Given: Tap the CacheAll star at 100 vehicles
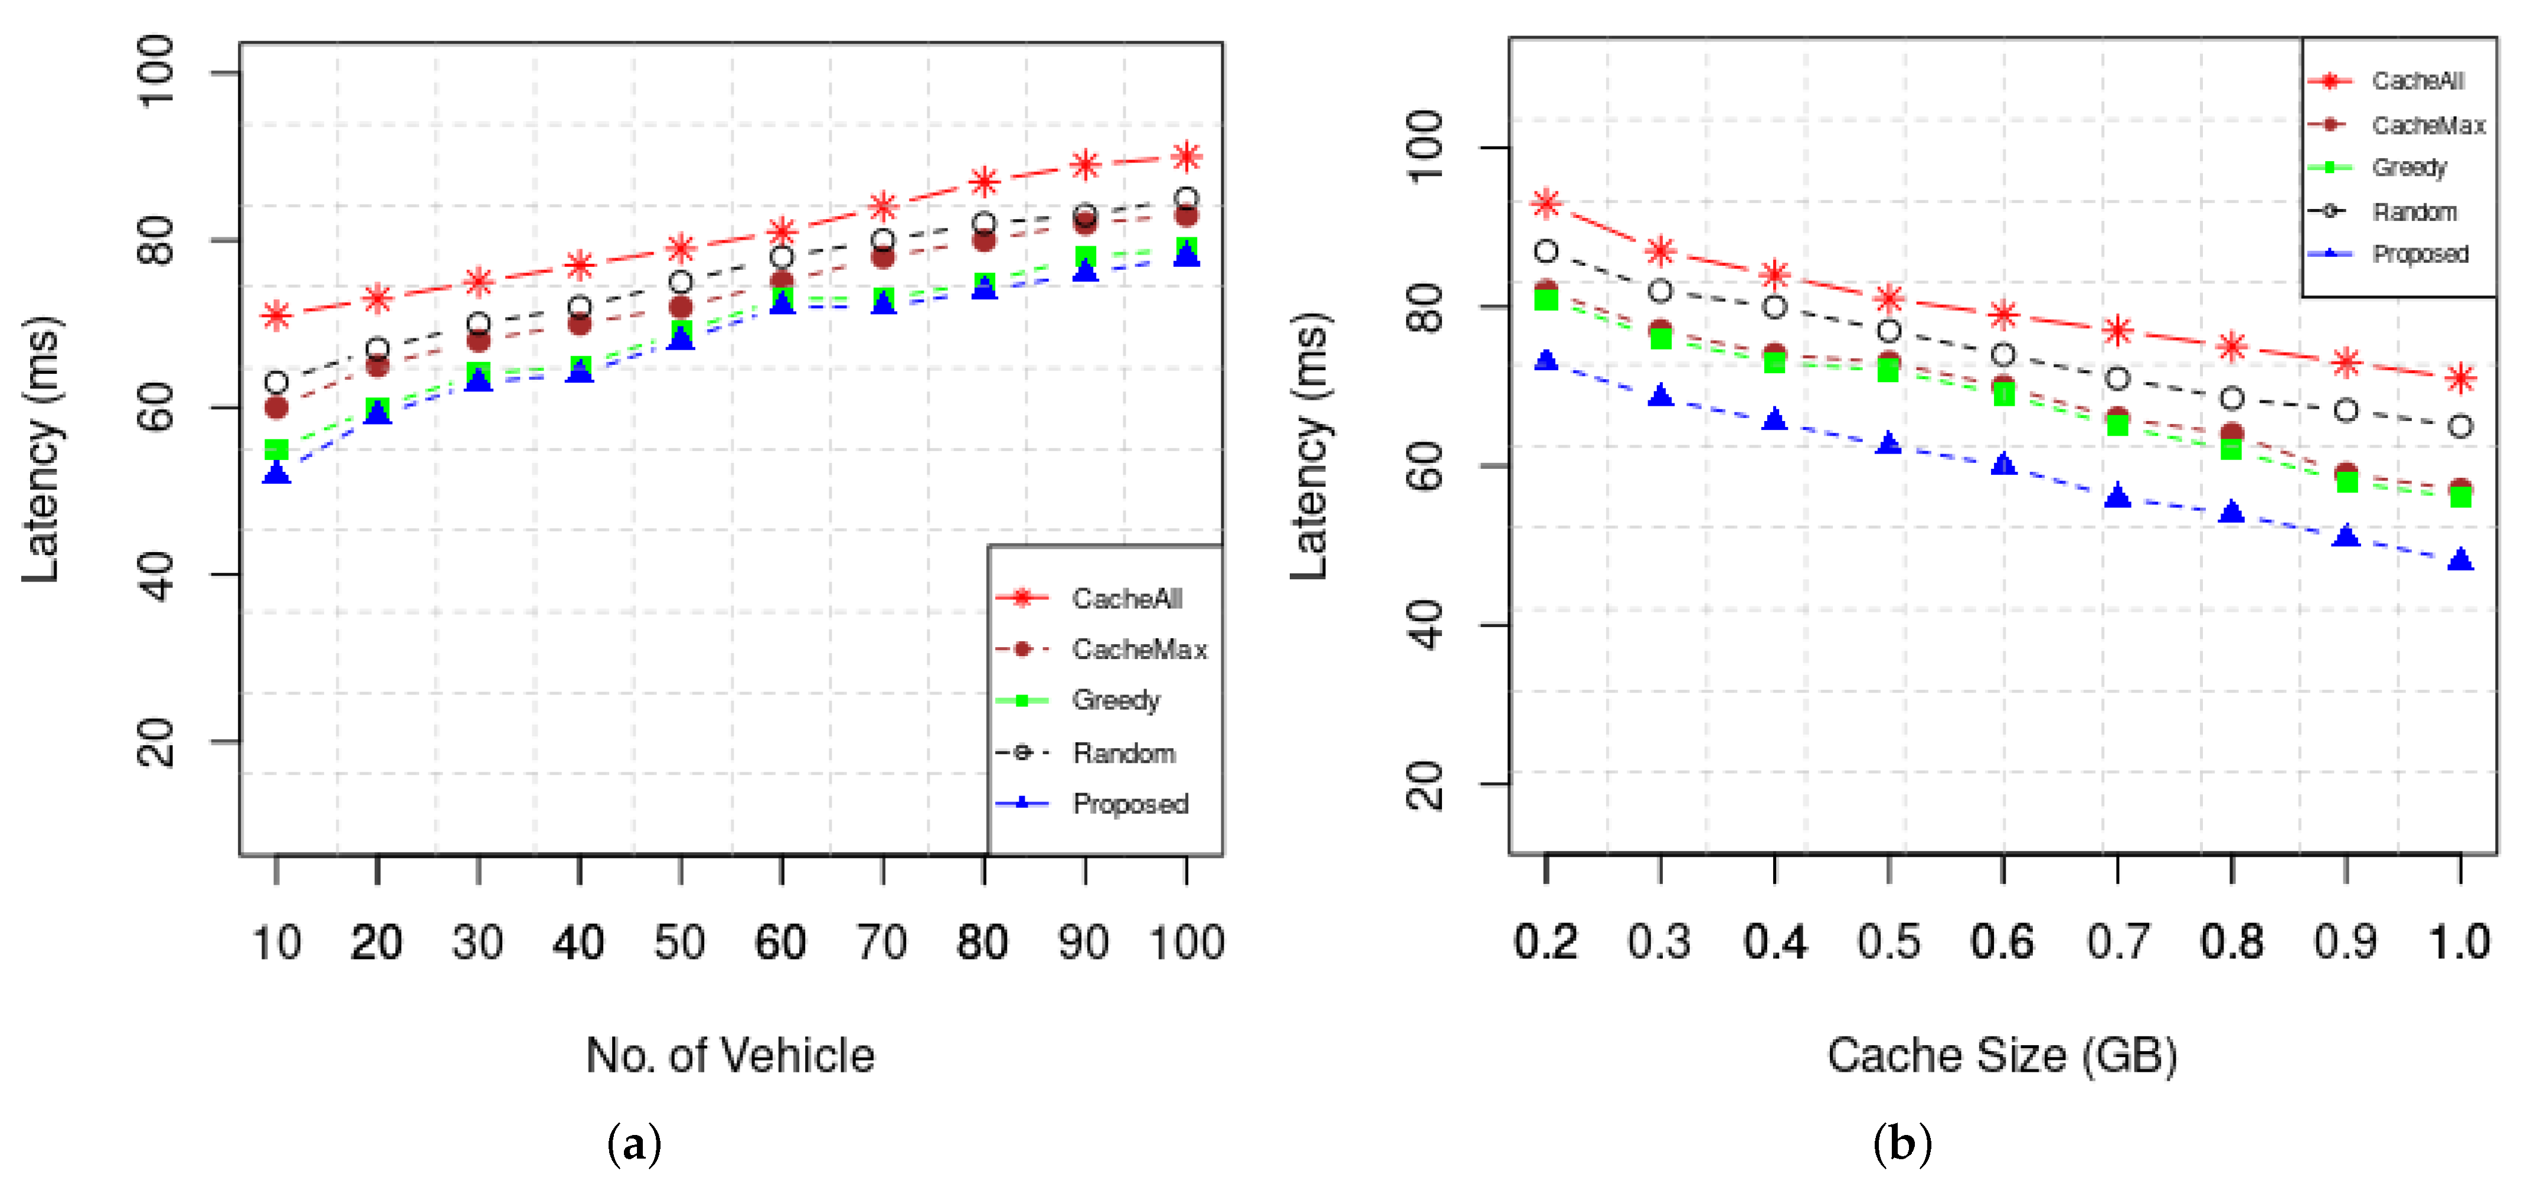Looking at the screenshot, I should [x=1187, y=156].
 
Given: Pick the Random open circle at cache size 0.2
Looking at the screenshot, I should [x=1547, y=251].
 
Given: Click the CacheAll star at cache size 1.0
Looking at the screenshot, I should [x=2460, y=379].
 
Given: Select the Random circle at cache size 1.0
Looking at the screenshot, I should [x=2460, y=426].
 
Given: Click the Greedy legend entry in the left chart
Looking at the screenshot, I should [x=1115, y=700].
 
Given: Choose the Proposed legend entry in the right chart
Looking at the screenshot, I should [x=2419, y=254].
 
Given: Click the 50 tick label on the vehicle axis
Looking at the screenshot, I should [x=679, y=942].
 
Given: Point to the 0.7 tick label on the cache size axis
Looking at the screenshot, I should [x=2117, y=942].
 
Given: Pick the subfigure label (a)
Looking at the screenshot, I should [x=634, y=1144].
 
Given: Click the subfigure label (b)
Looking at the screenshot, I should [x=1902, y=1144].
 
